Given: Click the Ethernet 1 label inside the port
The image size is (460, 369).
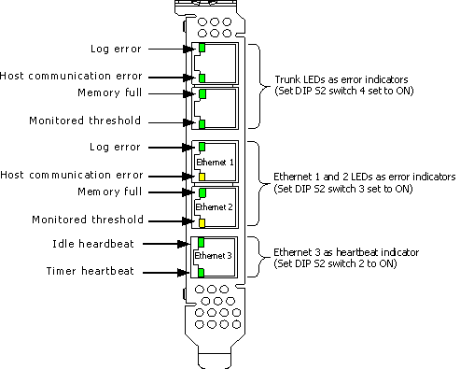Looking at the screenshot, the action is (x=215, y=162).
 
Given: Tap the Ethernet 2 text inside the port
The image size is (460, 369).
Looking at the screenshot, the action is (x=214, y=207).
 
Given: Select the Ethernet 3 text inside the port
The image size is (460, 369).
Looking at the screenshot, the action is (x=213, y=256).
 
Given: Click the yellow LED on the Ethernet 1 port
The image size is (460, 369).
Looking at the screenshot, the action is (x=202, y=177).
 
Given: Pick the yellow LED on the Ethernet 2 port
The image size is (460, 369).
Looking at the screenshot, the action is (x=202, y=223).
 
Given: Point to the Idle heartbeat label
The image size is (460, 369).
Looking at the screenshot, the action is (x=93, y=244).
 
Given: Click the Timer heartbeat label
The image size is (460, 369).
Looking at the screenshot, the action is (x=91, y=271).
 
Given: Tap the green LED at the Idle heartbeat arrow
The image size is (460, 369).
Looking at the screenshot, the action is (x=201, y=242).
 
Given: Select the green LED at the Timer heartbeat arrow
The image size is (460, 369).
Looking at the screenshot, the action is (x=201, y=273).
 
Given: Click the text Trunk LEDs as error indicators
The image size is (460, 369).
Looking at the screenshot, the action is (x=342, y=79).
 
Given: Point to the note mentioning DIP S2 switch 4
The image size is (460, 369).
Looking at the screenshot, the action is (x=344, y=91).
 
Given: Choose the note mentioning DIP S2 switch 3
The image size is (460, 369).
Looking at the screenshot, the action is (x=343, y=189).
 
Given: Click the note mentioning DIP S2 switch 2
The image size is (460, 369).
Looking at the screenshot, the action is (x=335, y=263).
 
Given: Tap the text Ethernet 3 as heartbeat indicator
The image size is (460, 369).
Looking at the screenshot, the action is (x=346, y=252).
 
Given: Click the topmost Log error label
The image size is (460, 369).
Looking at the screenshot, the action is (x=116, y=49).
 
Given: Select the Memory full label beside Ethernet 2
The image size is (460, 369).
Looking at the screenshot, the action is (x=109, y=192).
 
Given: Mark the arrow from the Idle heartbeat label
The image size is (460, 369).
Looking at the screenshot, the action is (x=166, y=244).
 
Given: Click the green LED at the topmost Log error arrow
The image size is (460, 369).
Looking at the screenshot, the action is (x=202, y=48).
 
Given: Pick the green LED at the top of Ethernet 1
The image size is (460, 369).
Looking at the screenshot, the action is (x=202, y=147).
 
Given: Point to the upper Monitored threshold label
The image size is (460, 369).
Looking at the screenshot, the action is (x=85, y=121).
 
